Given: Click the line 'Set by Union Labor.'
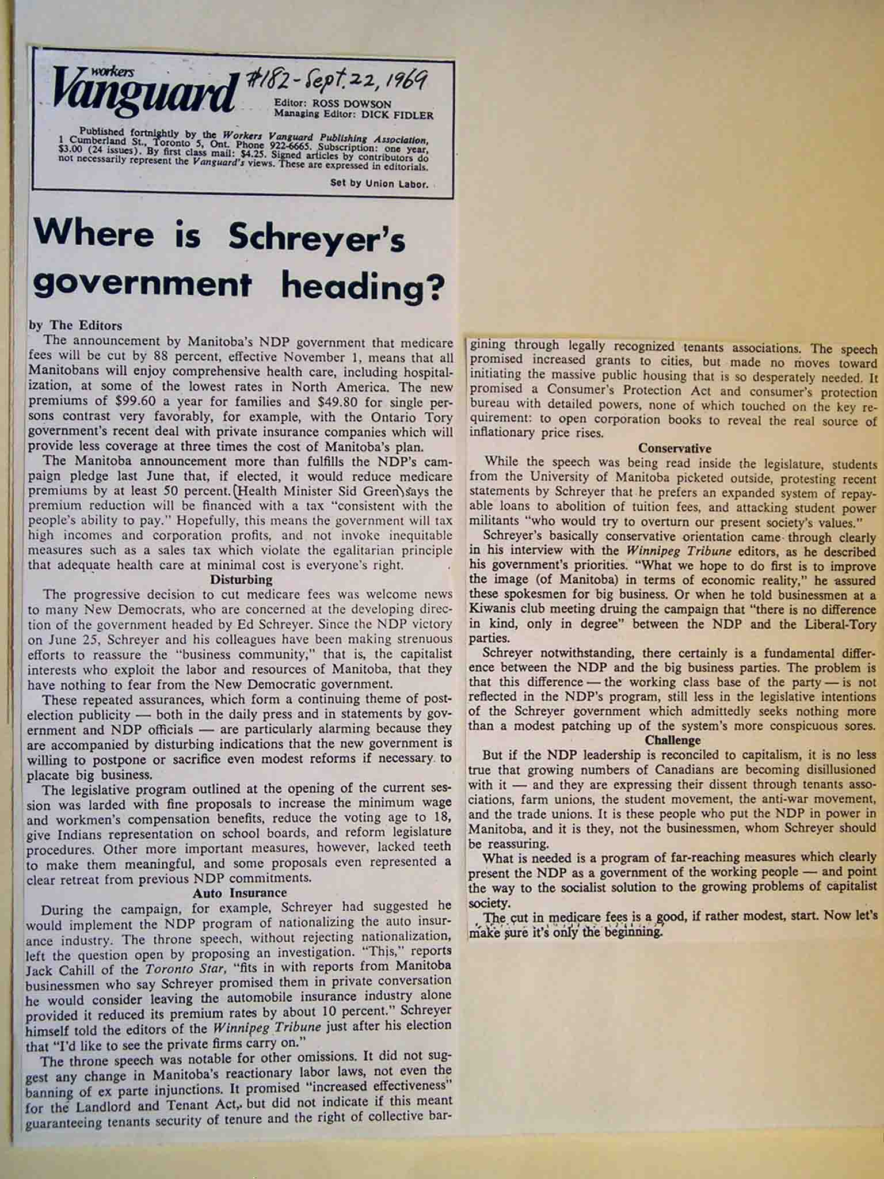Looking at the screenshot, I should tap(379, 184).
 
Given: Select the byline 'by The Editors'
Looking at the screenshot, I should tap(75, 325).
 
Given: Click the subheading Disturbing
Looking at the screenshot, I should tap(241, 579).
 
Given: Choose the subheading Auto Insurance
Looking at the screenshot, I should tap(239, 893).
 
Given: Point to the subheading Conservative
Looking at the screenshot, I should tap(675, 448).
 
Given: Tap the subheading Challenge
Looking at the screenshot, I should tap(673, 740).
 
